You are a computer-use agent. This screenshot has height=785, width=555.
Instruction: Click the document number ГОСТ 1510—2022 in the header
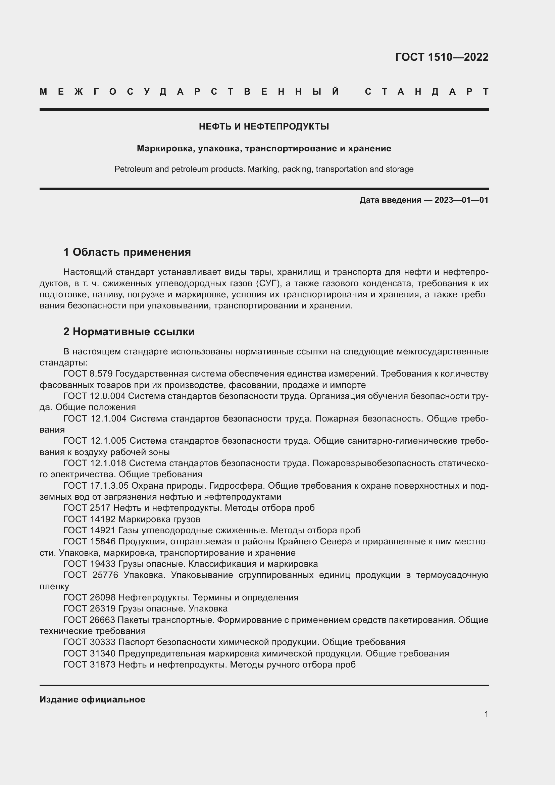point(442,57)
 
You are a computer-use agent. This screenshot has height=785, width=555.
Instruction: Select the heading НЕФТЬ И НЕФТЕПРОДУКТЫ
point(264,127)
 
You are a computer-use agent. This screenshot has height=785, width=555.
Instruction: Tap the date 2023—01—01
point(461,200)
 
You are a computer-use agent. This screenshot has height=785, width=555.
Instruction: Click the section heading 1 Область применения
point(127,252)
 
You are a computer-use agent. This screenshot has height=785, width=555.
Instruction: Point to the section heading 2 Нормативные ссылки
point(129,332)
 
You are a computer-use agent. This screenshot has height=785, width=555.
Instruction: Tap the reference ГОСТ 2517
point(87,508)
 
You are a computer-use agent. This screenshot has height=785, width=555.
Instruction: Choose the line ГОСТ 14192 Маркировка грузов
point(132,519)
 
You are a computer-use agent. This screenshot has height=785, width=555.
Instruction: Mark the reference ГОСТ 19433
point(89,564)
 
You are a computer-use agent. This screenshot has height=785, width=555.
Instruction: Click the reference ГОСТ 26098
point(89,597)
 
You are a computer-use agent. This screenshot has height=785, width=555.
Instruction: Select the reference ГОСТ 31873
point(89,664)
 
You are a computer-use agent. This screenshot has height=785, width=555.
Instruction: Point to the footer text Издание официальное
point(92,699)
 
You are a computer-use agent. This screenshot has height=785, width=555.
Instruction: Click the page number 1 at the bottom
point(486,714)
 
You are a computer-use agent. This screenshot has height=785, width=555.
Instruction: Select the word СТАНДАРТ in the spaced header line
point(426,92)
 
